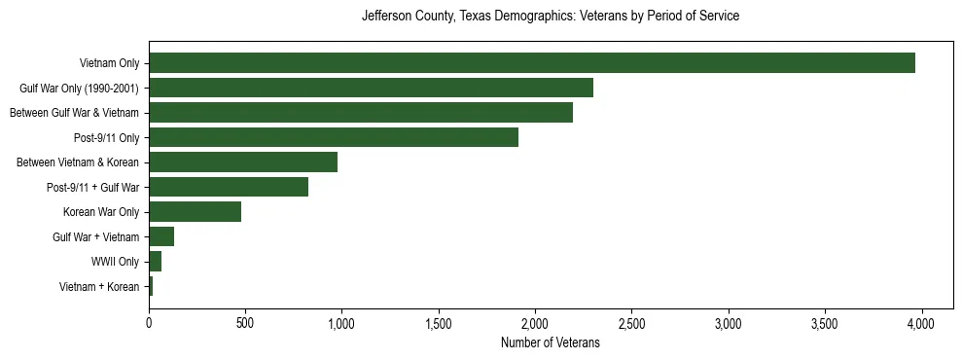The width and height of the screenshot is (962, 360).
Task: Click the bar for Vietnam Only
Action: pyautogui.click(x=531, y=63)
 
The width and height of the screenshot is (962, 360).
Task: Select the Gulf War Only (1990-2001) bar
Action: pyautogui.click(x=371, y=89)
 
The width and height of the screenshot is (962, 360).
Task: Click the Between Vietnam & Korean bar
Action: pyautogui.click(x=242, y=162)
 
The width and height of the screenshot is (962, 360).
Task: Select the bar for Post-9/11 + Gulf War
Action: pyautogui.click(x=228, y=187)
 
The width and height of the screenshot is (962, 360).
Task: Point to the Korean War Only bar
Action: pyautogui.click(x=195, y=212)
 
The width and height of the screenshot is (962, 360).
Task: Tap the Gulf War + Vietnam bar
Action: pyautogui.click(x=161, y=236)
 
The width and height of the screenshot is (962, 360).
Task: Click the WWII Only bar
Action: pyautogui.click(x=155, y=262)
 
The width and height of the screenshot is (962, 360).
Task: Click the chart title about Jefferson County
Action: pyautogui.click(x=550, y=17)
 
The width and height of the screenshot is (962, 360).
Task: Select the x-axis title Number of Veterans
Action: pyautogui.click(x=550, y=343)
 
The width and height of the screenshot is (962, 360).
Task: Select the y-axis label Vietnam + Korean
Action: pyautogui.click(x=99, y=286)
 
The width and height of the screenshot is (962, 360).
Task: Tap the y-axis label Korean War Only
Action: pyautogui.click(x=101, y=212)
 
